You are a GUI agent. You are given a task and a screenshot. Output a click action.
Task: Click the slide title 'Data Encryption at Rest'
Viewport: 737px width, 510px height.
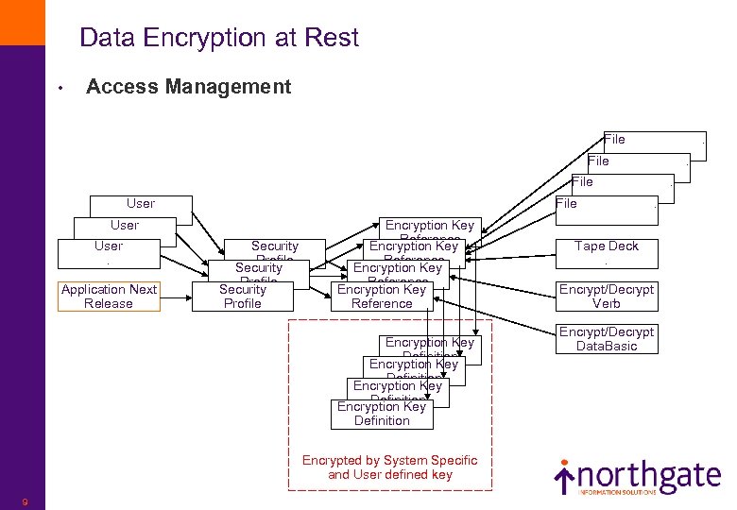(x=219, y=38)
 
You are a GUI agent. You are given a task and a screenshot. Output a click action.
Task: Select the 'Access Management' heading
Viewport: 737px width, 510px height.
(x=188, y=87)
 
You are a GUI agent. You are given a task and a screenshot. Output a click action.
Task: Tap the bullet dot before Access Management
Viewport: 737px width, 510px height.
(x=60, y=89)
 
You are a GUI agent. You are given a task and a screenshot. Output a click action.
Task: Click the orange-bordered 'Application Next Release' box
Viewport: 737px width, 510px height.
(x=109, y=297)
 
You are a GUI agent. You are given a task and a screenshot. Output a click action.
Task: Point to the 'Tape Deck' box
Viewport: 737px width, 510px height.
(x=606, y=252)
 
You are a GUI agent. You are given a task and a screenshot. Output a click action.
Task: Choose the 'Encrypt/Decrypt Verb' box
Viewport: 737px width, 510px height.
(x=606, y=297)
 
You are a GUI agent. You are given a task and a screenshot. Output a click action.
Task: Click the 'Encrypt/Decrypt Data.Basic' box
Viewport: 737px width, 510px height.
(x=606, y=339)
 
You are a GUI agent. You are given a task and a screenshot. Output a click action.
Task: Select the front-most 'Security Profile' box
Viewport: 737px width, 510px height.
(x=243, y=297)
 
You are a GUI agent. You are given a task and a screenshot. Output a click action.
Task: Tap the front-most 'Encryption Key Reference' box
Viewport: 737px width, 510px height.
(x=382, y=297)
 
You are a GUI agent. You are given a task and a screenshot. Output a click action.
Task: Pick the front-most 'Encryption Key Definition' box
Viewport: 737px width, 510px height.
(x=382, y=414)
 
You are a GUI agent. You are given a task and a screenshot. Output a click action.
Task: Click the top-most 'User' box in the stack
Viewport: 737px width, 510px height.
(x=140, y=204)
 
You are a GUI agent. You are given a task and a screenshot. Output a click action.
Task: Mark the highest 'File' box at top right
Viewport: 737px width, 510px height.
(x=654, y=140)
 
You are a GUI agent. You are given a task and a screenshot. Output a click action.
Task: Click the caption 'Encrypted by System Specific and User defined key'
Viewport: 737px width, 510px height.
(x=389, y=467)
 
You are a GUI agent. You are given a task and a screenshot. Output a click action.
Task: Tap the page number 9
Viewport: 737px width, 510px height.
(x=24, y=501)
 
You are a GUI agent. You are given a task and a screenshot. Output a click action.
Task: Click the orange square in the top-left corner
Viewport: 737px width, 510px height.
(x=22, y=22)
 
